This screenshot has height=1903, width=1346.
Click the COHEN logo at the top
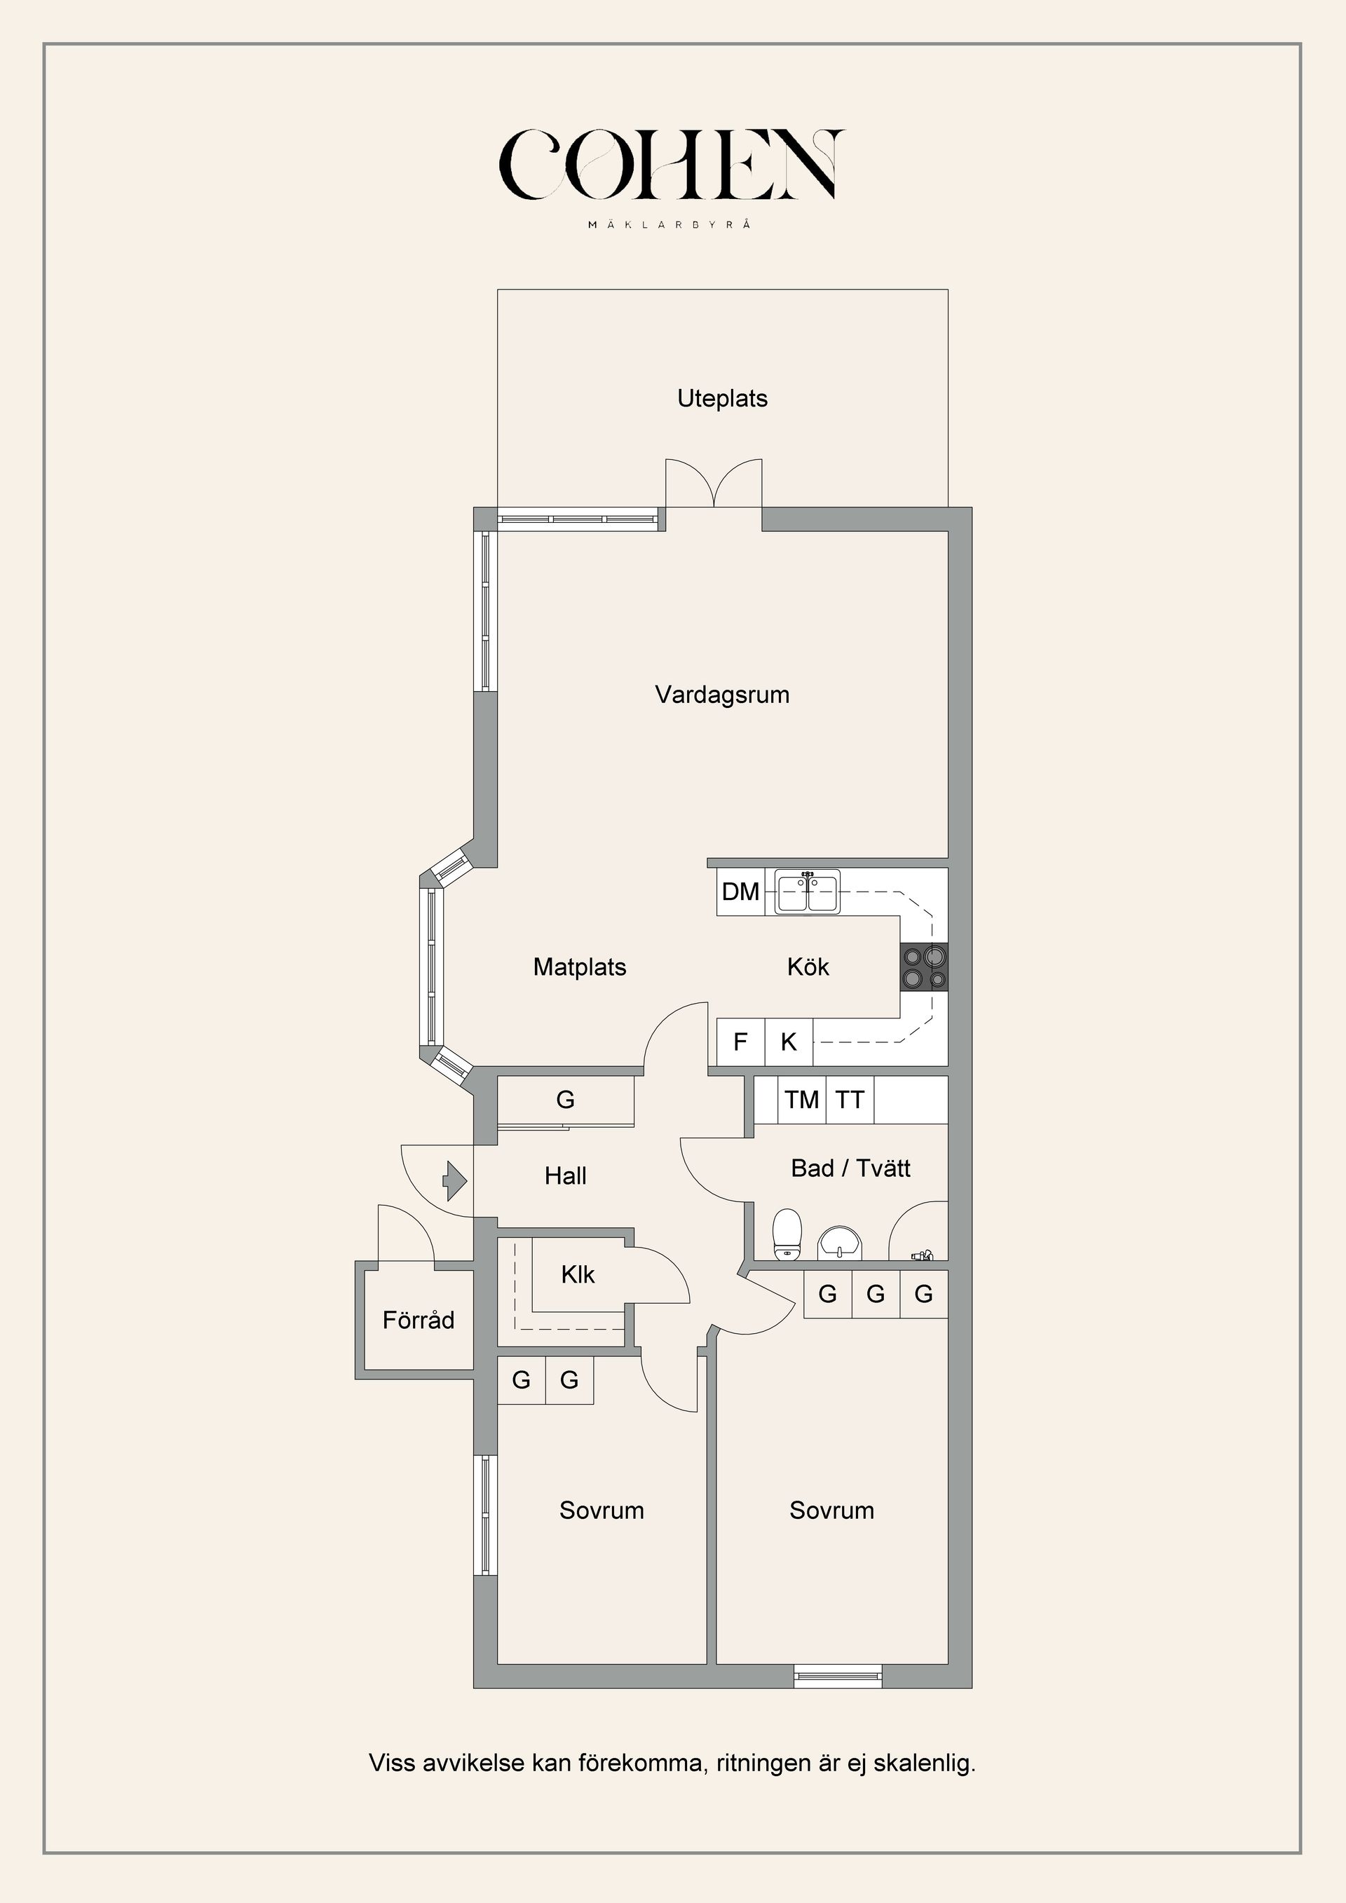click(672, 165)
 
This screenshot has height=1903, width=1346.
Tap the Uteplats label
click(722, 399)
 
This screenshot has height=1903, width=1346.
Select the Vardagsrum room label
click(722, 695)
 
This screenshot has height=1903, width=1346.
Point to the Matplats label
click(579, 967)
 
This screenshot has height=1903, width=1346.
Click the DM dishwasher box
click(740, 892)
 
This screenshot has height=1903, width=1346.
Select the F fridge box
click(740, 1042)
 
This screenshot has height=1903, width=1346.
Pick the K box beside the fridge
click(788, 1042)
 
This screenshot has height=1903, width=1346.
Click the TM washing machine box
click(801, 1100)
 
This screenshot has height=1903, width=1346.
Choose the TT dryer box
click(850, 1100)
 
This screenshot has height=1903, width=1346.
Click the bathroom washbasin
click(840, 1244)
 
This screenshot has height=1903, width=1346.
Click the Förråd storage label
click(418, 1320)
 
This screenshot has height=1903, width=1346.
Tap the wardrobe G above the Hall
click(565, 1100)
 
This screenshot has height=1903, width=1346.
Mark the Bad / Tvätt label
click(850, 1168)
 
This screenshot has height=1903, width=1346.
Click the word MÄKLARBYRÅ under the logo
click(670, 224)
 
